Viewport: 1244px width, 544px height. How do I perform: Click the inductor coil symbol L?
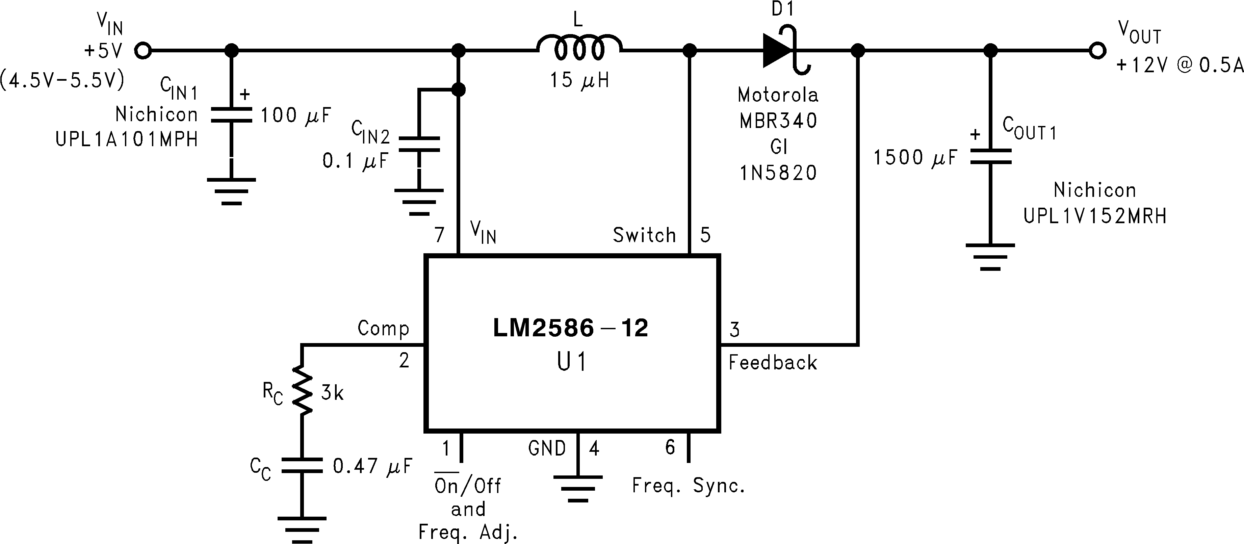(578, 48)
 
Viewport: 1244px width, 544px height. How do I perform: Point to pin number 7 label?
(439, 235)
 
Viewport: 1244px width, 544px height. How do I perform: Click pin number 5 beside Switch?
(705, 235)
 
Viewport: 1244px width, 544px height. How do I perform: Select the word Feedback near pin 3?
(772, 362)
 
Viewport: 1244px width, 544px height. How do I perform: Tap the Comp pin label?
(383, 329)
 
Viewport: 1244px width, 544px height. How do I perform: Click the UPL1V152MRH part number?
(1095, 216)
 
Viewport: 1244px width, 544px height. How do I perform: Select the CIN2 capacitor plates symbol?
(419, 144)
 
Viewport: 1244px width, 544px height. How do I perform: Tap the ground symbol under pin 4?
(577, 488)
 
